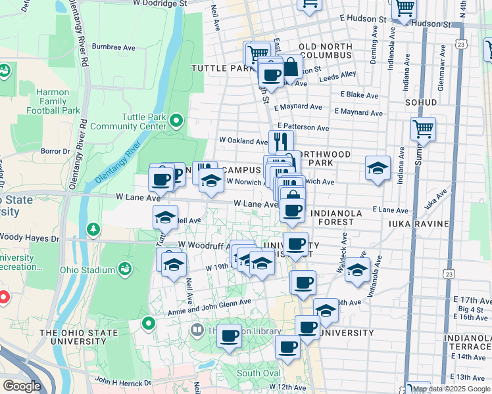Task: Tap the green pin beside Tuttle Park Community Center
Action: (176, 120)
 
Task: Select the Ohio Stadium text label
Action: (87, 269)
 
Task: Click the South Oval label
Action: (258, 373)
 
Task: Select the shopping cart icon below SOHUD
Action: (423, 129)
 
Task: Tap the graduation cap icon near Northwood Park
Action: (378, 168)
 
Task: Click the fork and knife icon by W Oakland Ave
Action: (281, 141)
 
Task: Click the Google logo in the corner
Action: (22, 386)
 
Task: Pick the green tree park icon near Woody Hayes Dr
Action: (93, 229)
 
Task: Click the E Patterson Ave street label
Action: (303, 127)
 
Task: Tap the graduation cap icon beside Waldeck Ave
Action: (357, 269)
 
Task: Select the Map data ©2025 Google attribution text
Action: (451, 389)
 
